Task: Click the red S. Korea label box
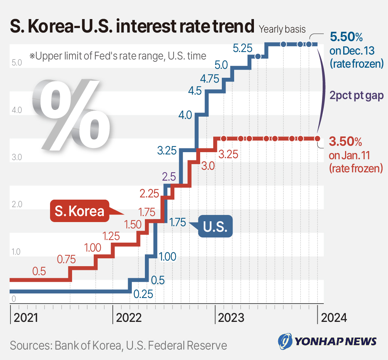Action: pos(80,211)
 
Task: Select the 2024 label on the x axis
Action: pos(334,318)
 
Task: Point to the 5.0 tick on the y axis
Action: pos(17,63)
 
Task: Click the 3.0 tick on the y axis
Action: pos(17,157)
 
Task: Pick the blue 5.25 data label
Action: pos(243,48)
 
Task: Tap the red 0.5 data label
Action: pos(39,271)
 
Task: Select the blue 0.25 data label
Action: pos(143,294)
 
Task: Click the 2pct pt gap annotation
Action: pos(357,95)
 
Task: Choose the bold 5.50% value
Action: pos(347,37)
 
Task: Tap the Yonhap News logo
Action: pos(327,341)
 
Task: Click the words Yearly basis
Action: pos(282,29)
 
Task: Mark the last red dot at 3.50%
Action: pos(317,139)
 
